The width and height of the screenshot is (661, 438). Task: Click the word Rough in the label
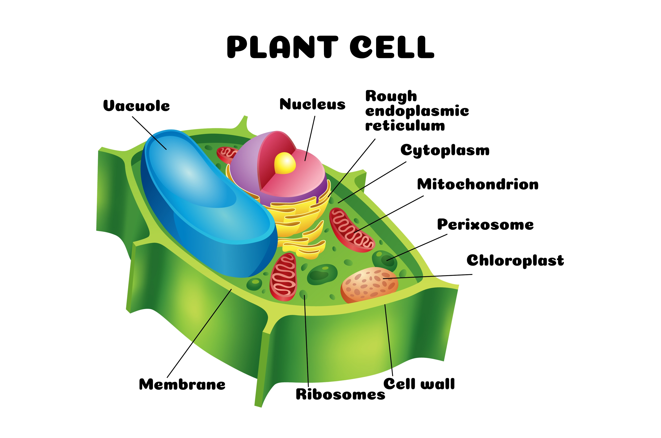pos(391,96)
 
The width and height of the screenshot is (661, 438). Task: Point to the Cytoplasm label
pos(445,150)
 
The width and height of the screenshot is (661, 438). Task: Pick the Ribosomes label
pos(340,394)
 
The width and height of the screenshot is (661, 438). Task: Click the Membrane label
pos(182,385)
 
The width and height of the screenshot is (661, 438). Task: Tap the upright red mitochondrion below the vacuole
pos(283,277)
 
